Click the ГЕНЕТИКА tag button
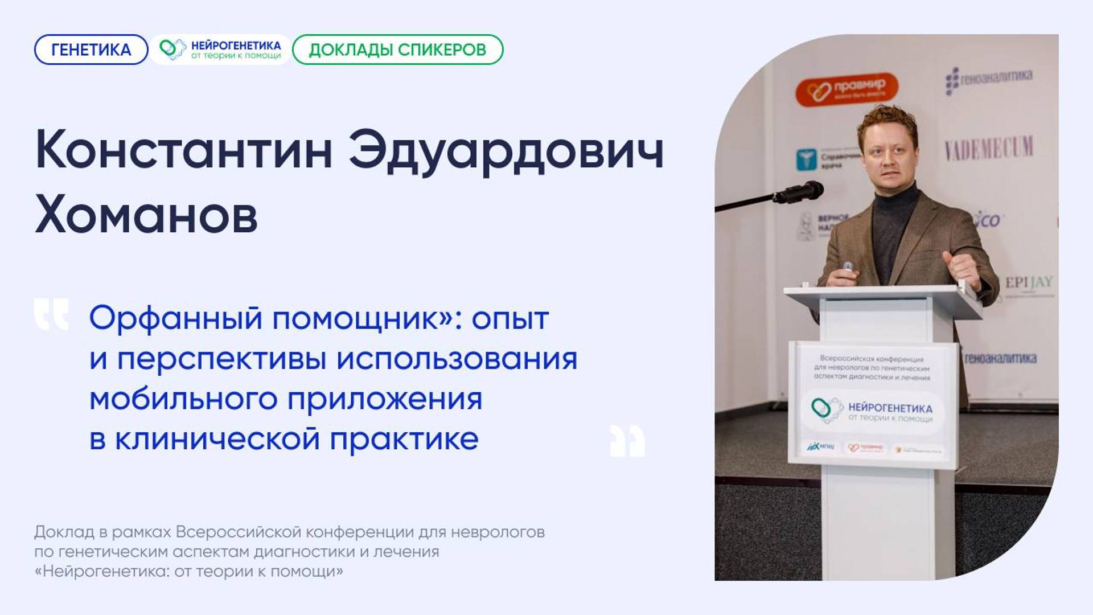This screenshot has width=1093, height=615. [91, 50]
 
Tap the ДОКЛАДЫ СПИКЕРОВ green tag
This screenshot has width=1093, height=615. [397, 50]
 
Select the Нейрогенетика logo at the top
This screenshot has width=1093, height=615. [220, 50]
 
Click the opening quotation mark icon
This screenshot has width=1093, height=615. [51, 314]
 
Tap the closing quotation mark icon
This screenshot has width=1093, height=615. [627, 441]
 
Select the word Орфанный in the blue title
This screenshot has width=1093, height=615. [176, 318]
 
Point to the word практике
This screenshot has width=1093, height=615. [404, 439]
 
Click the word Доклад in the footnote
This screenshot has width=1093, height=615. [64, 532]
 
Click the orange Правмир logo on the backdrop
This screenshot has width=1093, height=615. [847, 89]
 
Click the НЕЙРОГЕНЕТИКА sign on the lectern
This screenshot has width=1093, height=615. [890, 408]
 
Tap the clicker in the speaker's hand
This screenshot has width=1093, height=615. [848, 267]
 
